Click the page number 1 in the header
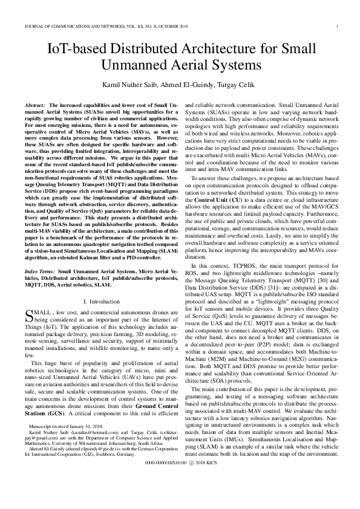click(x=336, y=27)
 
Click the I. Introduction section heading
click(x=100, y=300)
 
